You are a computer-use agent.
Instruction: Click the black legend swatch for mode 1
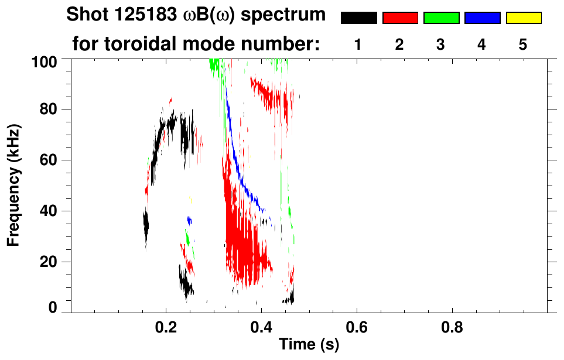358,18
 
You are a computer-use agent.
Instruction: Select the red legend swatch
400,18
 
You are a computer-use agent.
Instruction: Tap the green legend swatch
441,18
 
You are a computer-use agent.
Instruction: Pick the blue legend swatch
482,18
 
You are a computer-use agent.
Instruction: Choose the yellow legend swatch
523,18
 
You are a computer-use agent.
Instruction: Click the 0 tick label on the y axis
54,308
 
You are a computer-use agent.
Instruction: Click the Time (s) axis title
309,345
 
